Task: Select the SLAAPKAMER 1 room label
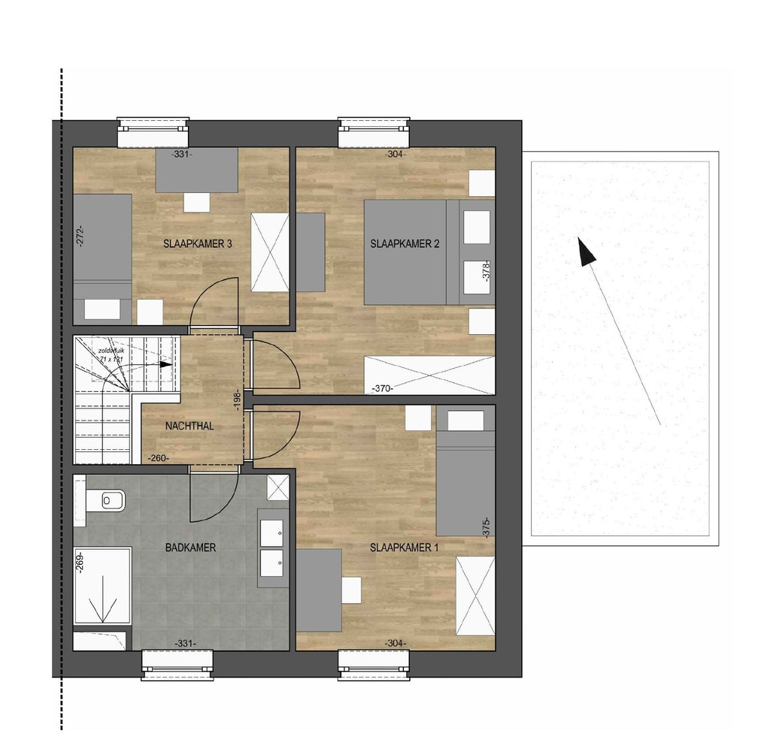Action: pos(404,547)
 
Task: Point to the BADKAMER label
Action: pos(190,547)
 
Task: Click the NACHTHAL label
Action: pos(189,426)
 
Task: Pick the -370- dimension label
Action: pos(384,389)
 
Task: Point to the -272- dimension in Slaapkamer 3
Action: pos(79,237)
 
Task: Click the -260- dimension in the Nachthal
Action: pos(158,457)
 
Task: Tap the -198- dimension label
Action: pos(236,397)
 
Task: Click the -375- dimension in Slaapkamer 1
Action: pos(487,527)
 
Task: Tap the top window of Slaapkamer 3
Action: pos(154,134)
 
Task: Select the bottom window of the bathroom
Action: pos(178,664)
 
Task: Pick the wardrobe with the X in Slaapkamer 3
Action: pos(269,251)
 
